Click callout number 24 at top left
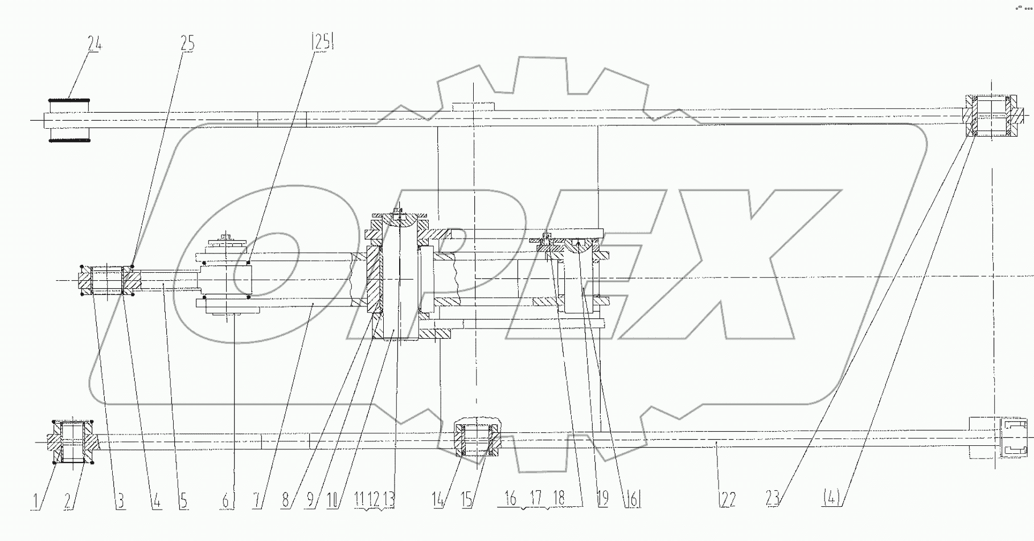click(95, 43)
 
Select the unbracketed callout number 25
click(187, 43)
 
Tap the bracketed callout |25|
click(322, 42)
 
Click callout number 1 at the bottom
click(35, 501)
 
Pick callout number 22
click(727, 499)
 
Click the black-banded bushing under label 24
click(69, 120)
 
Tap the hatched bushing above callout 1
click(72, 442)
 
